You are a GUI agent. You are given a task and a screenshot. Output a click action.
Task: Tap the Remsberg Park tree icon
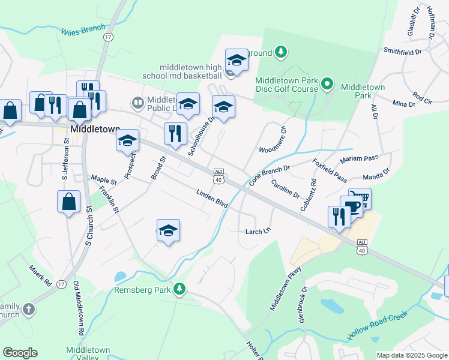[179, 290]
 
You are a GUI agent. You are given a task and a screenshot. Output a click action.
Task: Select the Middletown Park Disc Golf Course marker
[327, 83]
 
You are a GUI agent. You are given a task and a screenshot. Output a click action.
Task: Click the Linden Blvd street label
[212, 199]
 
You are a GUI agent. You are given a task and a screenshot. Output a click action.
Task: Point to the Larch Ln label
[258, 231]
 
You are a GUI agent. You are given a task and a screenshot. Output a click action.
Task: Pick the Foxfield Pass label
[330, 170]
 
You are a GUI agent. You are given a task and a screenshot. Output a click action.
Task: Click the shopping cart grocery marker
[360, 197]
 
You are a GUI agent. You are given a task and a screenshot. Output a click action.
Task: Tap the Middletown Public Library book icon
[138, 103]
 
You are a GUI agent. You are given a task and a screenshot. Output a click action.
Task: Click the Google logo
[20, 352]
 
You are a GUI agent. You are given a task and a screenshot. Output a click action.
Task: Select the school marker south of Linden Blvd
[169, 230]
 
